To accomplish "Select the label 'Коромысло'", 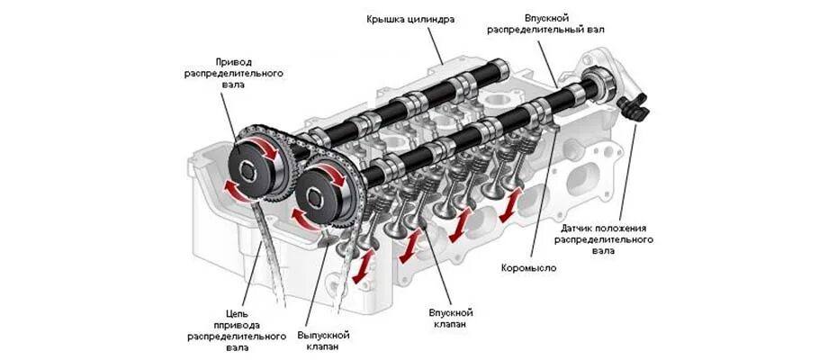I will (x=528, y=268).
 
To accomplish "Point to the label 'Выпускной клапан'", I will (x=323, y=340).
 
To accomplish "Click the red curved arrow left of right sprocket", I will (x=297, y=216).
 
